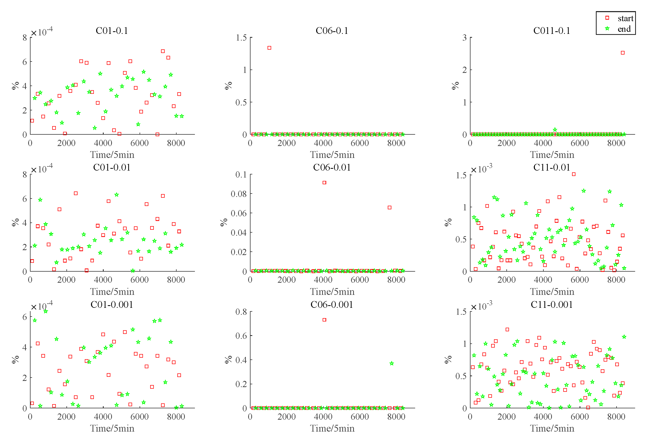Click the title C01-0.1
point(112,30)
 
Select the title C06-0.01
point(331,167)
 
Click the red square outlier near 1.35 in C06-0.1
point(269,48)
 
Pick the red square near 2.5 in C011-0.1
point(622,53)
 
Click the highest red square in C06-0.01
point(324,183)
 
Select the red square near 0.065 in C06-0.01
point(389,208)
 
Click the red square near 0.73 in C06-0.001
point(324,320)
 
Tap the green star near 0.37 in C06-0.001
point(392,363)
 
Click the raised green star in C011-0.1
point(555,130)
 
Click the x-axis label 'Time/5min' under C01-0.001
point(112,428)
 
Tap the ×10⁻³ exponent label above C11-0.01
point(482,169)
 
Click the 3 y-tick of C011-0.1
point(464,37)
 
